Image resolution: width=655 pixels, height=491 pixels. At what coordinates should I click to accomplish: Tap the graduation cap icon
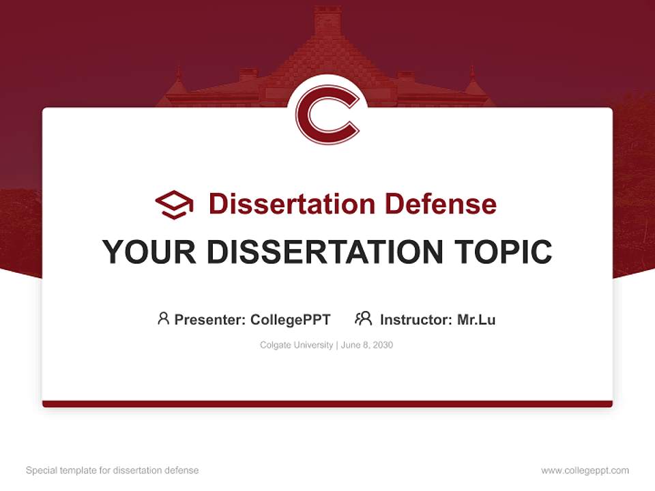point(174,204)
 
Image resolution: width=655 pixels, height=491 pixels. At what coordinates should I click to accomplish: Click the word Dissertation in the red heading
point(291,204)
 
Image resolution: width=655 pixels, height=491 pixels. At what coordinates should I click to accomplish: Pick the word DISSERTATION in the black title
point(319,252)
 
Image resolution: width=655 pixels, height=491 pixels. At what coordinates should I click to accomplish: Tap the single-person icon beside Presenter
point(163,318)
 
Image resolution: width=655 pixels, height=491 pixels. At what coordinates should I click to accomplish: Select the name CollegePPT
point(291,319)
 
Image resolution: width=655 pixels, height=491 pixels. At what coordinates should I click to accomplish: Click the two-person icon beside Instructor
point(364,318)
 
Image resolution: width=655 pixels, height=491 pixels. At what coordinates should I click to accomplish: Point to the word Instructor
point(415,319)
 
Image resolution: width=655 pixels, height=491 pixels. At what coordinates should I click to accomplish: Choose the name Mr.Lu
point(476,319)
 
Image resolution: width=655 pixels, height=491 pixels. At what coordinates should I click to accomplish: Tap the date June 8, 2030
point(367,345)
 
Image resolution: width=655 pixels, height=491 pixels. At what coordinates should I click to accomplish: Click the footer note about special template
point(113,471)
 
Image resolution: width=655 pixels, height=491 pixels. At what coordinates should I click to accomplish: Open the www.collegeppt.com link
point(585,471)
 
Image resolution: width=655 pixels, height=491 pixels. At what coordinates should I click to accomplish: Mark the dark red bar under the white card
point(327,404)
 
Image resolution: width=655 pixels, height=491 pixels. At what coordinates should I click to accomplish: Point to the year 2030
point(383,345)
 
